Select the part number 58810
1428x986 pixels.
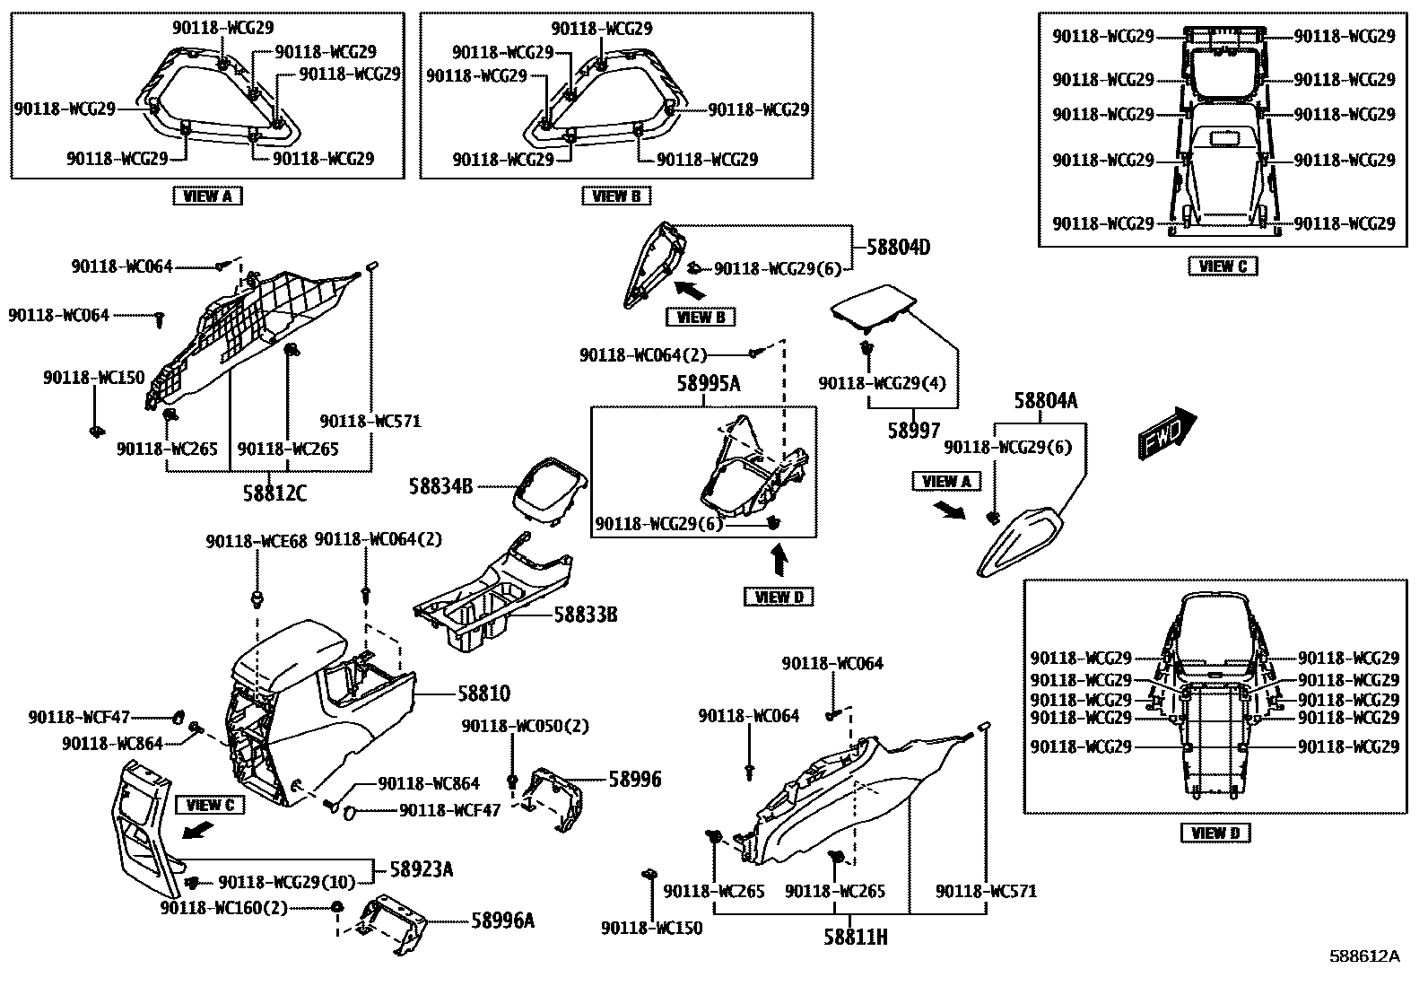[483, 694]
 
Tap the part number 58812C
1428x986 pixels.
[274, 492]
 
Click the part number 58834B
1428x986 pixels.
[440, 486]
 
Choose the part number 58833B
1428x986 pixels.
[586, 615]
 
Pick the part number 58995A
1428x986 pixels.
[709, 384]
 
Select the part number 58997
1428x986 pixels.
[914, 431]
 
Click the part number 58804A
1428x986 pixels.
[1046, 401]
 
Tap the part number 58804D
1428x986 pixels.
[898, 246]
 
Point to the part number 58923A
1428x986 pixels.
[422, 869]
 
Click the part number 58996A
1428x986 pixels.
[502, 920]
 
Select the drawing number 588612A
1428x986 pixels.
[1364, 955]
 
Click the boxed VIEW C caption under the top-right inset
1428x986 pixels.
[1223, 266]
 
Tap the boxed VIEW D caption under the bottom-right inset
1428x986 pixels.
[1215, 833]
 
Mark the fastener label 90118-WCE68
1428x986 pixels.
[257, 541]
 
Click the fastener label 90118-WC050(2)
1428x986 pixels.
[526, 725]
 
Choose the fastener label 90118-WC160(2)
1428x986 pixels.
[224, 907]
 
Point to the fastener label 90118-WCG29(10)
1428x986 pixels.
[287, 882]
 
